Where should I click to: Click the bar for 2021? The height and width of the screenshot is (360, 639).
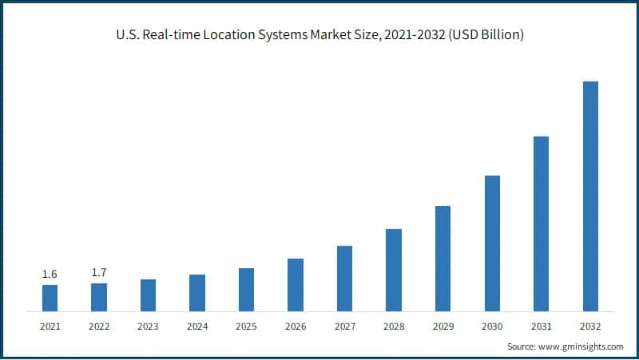tap(50, 298)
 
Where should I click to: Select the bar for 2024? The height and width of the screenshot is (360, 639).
tap(197, 292)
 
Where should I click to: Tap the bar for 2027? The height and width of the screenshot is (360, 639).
tap(344, 278)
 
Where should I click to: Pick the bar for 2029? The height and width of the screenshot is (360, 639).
tap(443, 258)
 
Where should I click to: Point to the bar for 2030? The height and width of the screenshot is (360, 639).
tap(492, 243)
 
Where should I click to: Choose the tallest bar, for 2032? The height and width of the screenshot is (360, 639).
tap(590, 196)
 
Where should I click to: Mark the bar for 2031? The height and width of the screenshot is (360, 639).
tap(541, 224)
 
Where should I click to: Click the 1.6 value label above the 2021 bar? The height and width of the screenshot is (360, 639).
tap(50, 275)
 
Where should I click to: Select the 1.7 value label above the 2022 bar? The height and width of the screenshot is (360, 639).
tap(99, 273)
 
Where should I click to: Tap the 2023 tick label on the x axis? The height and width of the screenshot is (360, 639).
tap(148, 326)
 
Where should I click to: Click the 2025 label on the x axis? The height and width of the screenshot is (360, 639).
tap(246, 326)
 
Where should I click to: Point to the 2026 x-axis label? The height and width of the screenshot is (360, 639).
tap(296, 326)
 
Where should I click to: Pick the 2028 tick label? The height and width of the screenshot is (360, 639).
tap(394, 326)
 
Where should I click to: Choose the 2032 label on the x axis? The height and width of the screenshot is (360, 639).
tap(590, 326)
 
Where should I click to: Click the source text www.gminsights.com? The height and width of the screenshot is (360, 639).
tap(583, 346)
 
